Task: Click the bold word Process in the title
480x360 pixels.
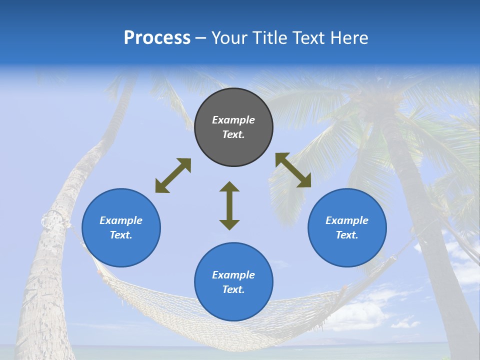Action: [x=157, y=38]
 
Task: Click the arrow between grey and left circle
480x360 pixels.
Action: [x=173, y=175]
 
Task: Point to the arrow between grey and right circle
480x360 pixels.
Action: [x=293, y=170]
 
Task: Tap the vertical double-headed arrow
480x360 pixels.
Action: [x=229, y=205]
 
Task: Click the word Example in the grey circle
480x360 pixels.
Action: [x=233, y=120]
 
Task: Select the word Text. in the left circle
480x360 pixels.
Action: [x=121, y=235]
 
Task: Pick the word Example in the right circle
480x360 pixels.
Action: [x=347, y=220]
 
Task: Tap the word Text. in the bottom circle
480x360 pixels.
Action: [x=233, y=289]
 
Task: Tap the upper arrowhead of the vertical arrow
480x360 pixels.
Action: [x=229, y=186]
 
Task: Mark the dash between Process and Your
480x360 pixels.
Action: [x=201, y=38]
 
